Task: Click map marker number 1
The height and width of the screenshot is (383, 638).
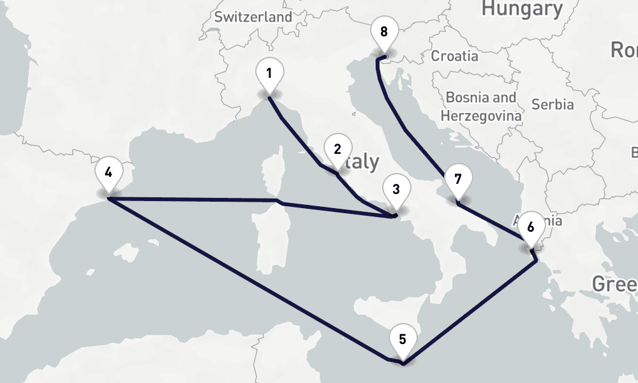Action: tap(269, 74)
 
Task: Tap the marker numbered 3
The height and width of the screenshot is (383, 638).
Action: tap(396, 190)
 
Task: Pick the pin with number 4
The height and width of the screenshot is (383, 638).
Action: tap(108, 172)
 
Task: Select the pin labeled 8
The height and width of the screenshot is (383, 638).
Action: tap(383, 33)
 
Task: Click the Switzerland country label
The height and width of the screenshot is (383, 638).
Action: tap(253, 17)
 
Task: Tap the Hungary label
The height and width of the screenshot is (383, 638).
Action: tap(522, 8)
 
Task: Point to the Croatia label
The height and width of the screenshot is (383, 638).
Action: tap(454, 56)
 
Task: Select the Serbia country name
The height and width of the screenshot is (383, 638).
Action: tap(553, 104)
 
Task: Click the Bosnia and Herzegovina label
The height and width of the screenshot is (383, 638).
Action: tap(481, 107)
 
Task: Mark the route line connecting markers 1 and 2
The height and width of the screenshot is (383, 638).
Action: tap(295, 135)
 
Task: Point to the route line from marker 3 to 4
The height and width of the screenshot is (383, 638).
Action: tap(191, 200)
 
